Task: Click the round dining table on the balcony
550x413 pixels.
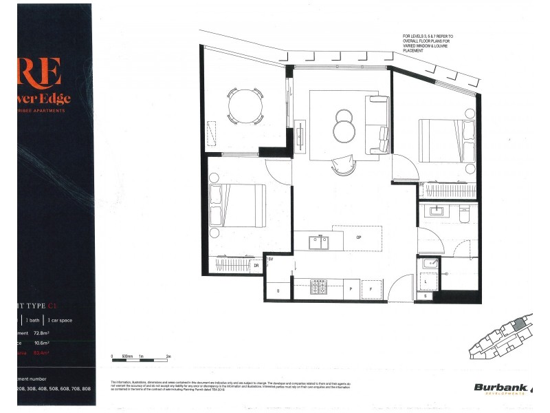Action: (245, 105)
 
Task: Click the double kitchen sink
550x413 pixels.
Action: (318, 242)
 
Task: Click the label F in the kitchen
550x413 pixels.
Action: (372, 290)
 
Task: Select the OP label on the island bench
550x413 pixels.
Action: (358, 237)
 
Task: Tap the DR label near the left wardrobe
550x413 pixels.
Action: (256, 265)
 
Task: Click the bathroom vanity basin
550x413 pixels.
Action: (436, 211)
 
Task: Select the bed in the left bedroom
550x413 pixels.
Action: (237, 205)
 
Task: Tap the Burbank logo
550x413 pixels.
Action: (501, 389)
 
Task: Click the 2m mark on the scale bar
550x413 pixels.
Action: (168, 357)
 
